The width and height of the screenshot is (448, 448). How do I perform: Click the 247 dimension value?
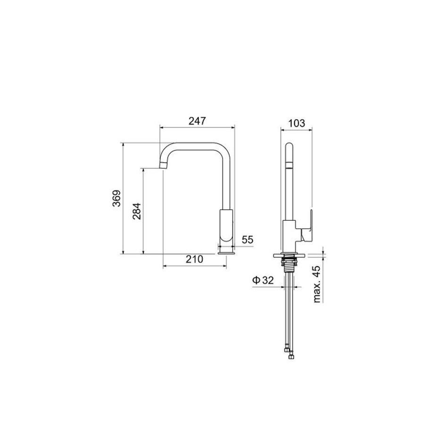pos(197,121)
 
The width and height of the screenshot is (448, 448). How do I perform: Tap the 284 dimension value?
pos(137,211)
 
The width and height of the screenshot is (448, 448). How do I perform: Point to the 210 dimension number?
pos(194,259)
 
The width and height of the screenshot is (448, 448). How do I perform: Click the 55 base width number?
pos(248,240)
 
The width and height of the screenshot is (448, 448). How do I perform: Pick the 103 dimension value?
pos(296,123)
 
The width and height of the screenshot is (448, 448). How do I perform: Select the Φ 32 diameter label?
pos(263,280)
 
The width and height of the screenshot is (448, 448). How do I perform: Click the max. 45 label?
pos(317,284)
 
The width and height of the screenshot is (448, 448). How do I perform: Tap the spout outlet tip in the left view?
pos(162,165)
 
